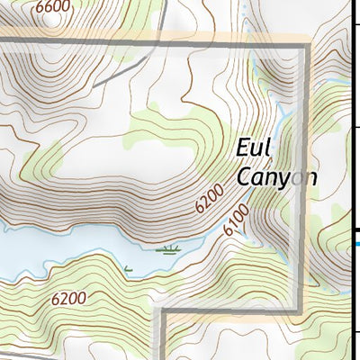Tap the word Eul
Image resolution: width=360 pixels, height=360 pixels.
point(256,148)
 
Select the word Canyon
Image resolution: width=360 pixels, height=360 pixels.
point(277,176)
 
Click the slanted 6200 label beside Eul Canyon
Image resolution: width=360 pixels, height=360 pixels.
point(207,199)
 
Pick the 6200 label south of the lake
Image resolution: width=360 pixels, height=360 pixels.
point(68,298)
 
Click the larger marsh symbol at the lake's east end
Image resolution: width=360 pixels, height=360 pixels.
point(168,248)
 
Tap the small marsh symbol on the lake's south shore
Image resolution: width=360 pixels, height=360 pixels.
point(128,268)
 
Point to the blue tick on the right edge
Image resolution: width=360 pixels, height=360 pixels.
point(357,240)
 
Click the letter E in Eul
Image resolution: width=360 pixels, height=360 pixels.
point(243,148)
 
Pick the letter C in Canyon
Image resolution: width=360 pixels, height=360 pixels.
point(243,176)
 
